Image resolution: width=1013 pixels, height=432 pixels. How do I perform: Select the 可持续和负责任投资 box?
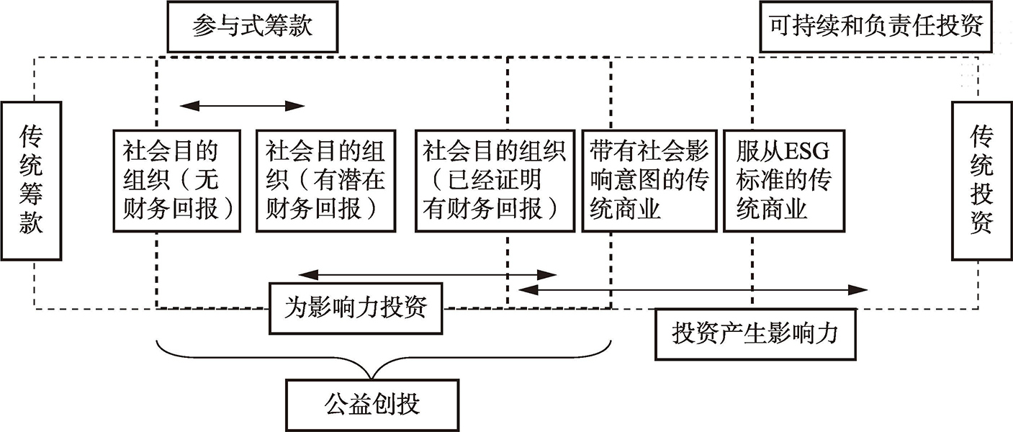(875, 27)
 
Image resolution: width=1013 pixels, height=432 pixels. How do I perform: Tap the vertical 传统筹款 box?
(31, 180)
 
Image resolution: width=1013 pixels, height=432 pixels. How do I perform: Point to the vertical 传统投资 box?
(981, 180)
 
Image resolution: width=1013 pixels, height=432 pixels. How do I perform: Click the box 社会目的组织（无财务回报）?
(177, 181)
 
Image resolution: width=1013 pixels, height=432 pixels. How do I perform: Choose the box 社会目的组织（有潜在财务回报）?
(326, 181)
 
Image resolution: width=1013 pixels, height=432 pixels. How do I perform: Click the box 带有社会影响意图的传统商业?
(649, 181)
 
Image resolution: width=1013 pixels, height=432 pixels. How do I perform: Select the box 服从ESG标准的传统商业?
(783, 181)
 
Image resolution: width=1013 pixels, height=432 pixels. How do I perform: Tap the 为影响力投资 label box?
(357, 308)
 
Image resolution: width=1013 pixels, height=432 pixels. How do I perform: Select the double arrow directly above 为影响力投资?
(428, 274)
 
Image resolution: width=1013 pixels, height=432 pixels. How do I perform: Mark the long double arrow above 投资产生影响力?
(693, 289)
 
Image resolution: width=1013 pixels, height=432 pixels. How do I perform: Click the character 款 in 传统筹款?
(31, 222)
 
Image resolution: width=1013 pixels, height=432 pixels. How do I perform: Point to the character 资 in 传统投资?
(981, 222)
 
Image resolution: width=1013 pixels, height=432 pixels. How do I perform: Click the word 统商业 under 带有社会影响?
(626, 210)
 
